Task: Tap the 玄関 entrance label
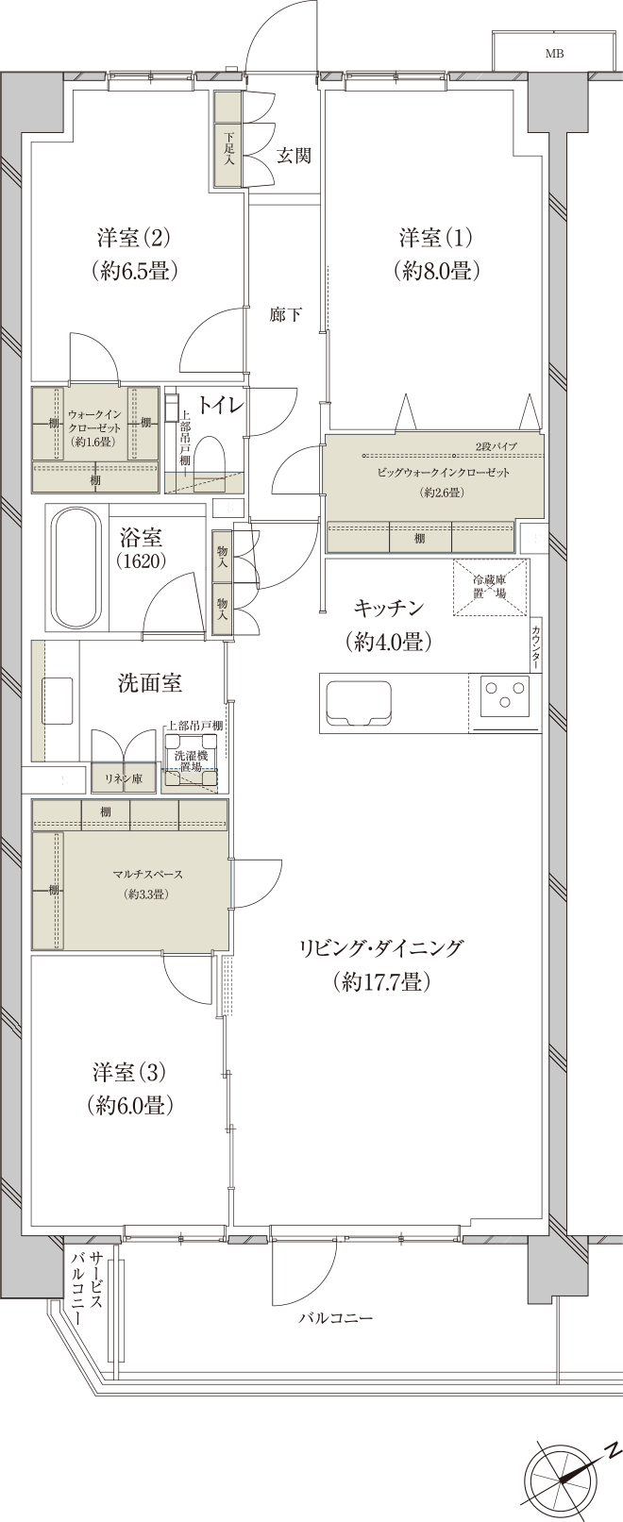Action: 294,156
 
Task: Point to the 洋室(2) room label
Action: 136,253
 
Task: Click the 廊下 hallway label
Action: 285,315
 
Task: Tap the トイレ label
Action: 223,406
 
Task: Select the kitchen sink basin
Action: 359,703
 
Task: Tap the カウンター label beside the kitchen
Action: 536,647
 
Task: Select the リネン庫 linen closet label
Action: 123,778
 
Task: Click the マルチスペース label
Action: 145,875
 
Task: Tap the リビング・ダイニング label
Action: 381,964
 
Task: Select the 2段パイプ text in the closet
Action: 494,444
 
